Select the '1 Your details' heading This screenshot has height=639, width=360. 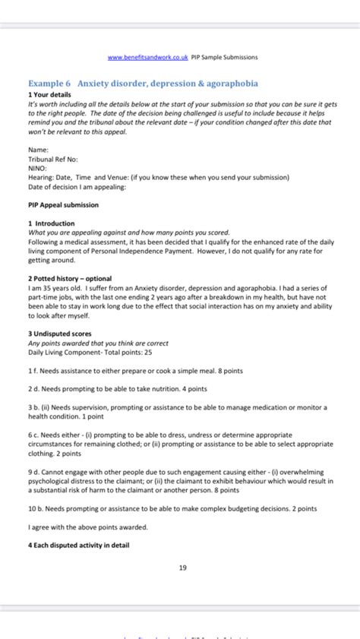pyautogui.click(x=49, y=94)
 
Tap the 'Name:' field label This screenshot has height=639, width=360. pyautogui.click(x=38, y=150)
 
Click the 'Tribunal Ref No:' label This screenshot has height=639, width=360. pyautogui.click(x=53, y=160)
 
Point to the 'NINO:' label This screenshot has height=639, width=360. pyautogui.click(x=37, y=169)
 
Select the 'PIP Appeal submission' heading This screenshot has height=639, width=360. pyautogui.click(x=63, y=205)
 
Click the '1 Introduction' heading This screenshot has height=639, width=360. pyautogui.click(x=51, y=223)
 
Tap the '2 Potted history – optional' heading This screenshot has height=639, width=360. pyautogui.click(x=69, y=278)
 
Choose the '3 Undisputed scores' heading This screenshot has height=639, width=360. pyautogui.click(x=60, y=333)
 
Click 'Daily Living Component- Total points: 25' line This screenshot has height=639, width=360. pyautogui.click(x=90, y=352)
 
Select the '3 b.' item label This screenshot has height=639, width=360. pyautogui.click(x=33, y=406)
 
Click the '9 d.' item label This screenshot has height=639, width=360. pyautogui.click(x=33, y=472)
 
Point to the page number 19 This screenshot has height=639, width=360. pyautogui.click(x=183, y=568)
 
